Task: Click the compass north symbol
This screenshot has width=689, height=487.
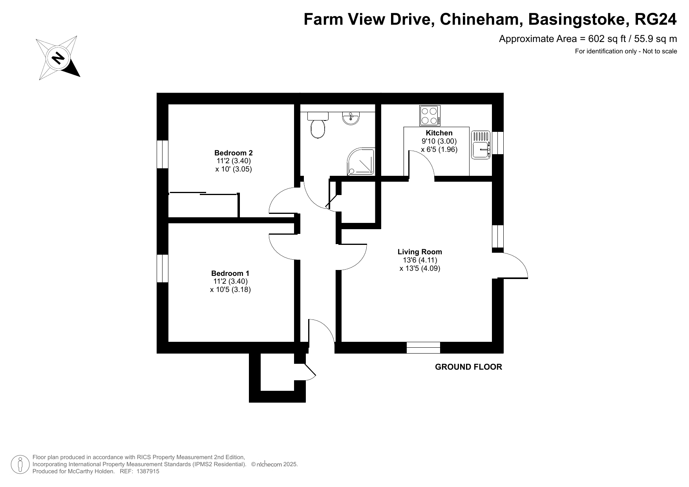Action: coord(58,58)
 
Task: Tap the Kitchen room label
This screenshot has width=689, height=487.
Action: coord(439,133)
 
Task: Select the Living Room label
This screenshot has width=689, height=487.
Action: coord(420,252)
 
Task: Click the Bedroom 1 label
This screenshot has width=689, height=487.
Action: coord(230,274)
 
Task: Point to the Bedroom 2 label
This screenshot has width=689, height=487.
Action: coord(233,153)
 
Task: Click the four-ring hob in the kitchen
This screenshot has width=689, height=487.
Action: coord(430,116)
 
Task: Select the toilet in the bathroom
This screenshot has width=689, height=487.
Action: coord(318,125)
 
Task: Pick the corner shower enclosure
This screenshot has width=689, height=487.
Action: coord(361,161)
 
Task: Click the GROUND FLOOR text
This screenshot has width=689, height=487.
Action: coord(468,367)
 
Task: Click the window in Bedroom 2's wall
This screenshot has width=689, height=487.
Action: coord(163,154)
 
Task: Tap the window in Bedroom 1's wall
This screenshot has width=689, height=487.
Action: coord(163,268)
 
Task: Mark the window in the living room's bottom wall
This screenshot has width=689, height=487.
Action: coord(423,348)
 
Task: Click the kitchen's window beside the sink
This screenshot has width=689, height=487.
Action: coord(498,143)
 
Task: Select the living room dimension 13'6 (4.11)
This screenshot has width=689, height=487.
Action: coord(420,260)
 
